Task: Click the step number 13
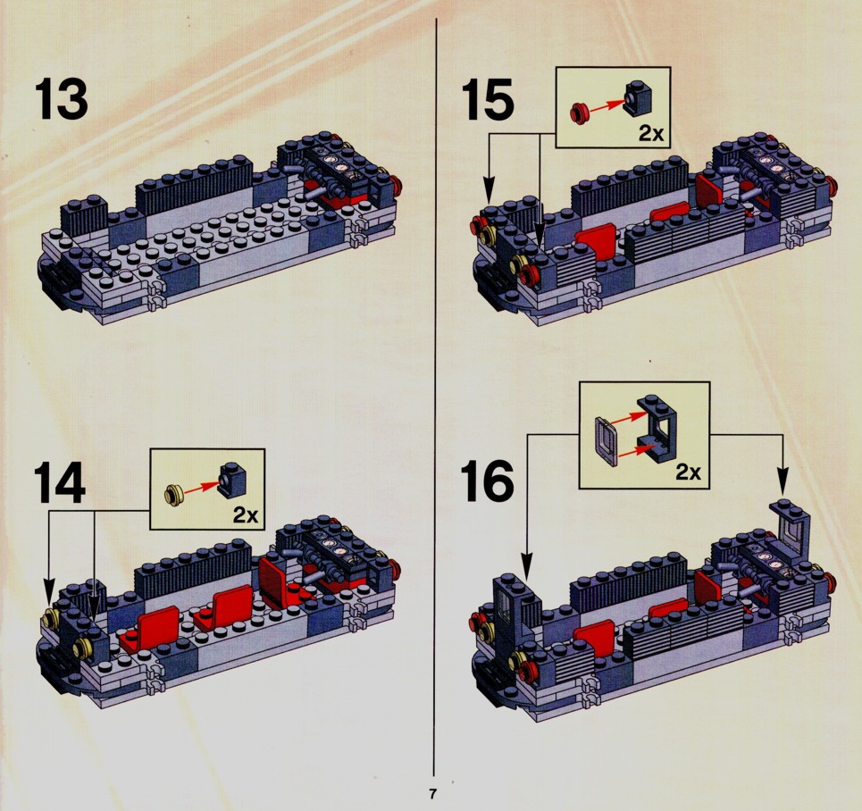pos(61,99)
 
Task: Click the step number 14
pos(61,482)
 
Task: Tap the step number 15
pos(488,99)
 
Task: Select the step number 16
pos(487,481)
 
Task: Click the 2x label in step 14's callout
pos(245,514)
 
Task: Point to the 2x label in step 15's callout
pos(651,133)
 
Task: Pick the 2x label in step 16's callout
pos(689,472)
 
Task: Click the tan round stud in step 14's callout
pos(174,493)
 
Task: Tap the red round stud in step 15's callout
pos(580,113)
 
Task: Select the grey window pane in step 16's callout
pos(607,441)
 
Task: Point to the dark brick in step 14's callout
pos(232,480)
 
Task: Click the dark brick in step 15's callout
pos(638,98)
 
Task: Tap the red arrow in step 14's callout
pos(201,487)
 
